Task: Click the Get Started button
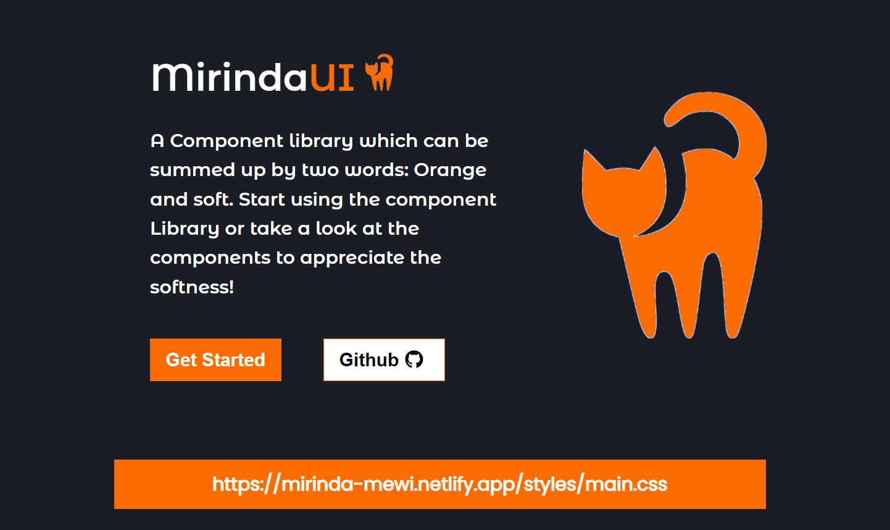click(x=215, y=360)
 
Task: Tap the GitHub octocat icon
click(x=414, y=360)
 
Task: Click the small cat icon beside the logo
click(x=380, y=73)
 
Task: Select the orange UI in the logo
click(x=332, y=77)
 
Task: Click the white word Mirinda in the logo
click(x=229, y=77)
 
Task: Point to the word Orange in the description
click(x=450, y=170)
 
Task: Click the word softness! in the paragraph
click(x=192, y=287)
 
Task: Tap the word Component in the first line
click(x=227, y=141)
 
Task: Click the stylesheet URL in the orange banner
click(x=439, y=484)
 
